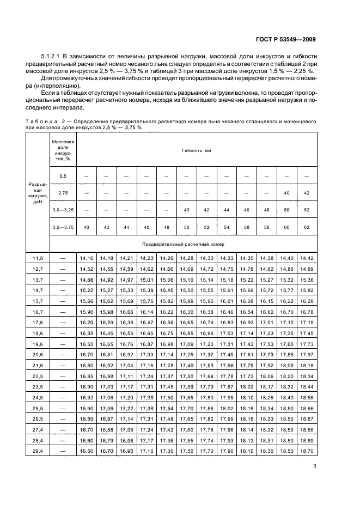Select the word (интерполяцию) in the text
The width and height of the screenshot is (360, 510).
pyautogui.click(x=56, y=86)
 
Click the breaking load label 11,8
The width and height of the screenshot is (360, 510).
pyautogui.click(x=38, y=257)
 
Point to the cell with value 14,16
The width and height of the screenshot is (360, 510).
pyautogui.click(x=87, y=257)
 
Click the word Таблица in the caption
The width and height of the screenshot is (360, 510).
pyautogui.click(x=42, y=120)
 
